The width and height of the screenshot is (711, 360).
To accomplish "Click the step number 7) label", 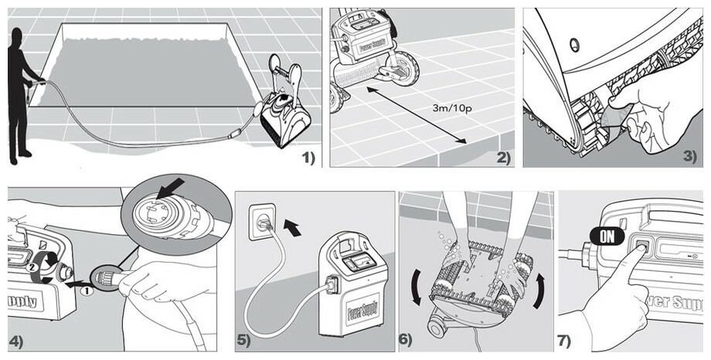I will pos(565,340).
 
